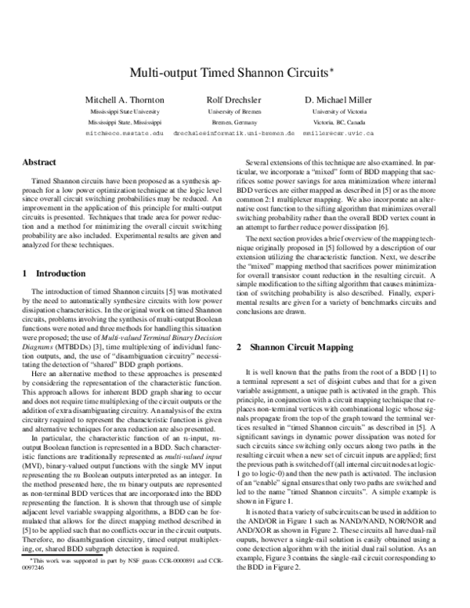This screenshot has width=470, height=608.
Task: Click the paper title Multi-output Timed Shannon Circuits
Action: point(230,71)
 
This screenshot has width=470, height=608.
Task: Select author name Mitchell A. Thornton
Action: point(125,100)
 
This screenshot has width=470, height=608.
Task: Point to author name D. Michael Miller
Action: point(339,100)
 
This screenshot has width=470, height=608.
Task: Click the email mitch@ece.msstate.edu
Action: point(125,134)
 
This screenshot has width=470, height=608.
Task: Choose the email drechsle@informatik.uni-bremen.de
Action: point(233,134)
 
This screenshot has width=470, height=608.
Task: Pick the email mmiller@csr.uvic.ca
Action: point(340,134)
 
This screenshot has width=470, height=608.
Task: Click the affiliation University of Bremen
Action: point(233,112)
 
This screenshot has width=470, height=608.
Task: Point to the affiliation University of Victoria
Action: point(339,112)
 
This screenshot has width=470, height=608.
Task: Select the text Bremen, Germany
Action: point(233,123)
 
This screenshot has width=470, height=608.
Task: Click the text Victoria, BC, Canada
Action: point(339,123)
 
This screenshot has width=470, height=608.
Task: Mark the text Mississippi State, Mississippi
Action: point(125,123)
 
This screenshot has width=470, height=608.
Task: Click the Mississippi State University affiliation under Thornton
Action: point(125,112)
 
